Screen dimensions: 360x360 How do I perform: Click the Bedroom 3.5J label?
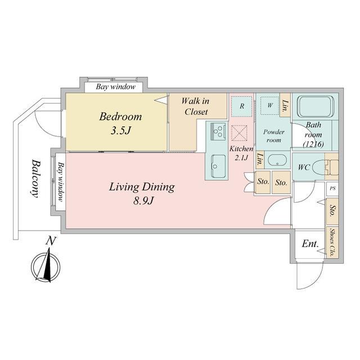pos(120,123)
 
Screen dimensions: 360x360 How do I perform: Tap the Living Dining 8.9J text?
pos(142,193)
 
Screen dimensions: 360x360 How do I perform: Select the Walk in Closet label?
pos(195,106)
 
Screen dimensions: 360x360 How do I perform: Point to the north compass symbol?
pos(46,260)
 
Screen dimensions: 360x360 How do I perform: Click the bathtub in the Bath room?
pos(315,107)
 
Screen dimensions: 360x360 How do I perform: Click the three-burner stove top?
pos(218,131)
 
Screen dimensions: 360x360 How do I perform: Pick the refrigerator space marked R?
pos(241,106)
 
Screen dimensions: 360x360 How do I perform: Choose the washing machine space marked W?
pos(270,105)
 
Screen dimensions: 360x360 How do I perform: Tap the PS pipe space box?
pos(332,188)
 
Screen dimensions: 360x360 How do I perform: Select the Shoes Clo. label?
pos(332,242)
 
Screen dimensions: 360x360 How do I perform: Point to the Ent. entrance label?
pos(310,244)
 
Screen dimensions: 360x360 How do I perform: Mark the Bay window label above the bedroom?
pos(116,87)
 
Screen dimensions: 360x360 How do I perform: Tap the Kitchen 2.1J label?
pos(241,153)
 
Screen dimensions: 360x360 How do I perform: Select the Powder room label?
pos(274,136)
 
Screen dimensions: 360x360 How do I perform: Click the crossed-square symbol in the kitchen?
pos(239,133)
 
